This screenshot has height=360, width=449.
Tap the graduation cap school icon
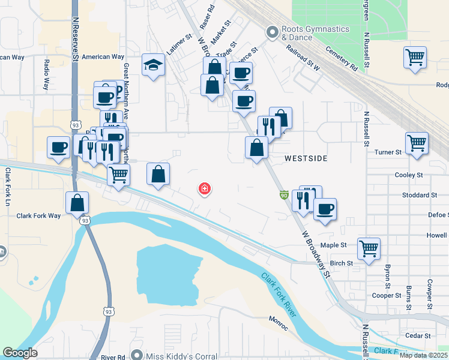point(154,65)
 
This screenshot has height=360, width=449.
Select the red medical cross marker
point(205,189)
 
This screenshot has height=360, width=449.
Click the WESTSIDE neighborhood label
point(306,158)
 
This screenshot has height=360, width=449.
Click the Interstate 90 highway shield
point(283,195)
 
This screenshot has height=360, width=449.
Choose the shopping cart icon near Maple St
point(369,247)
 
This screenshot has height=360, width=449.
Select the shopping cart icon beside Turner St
point(417,143)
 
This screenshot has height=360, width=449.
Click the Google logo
point(20,353)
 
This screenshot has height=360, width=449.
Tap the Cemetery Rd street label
point(342,59)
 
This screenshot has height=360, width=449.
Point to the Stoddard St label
point(420,195)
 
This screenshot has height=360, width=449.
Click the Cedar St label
point(418,335)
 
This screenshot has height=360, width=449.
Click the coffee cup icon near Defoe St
point(325,209)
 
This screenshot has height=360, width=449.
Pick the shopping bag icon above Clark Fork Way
point(78,203)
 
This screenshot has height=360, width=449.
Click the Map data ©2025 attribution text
point(423,355)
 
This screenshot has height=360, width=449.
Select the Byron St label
point(388,275)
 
